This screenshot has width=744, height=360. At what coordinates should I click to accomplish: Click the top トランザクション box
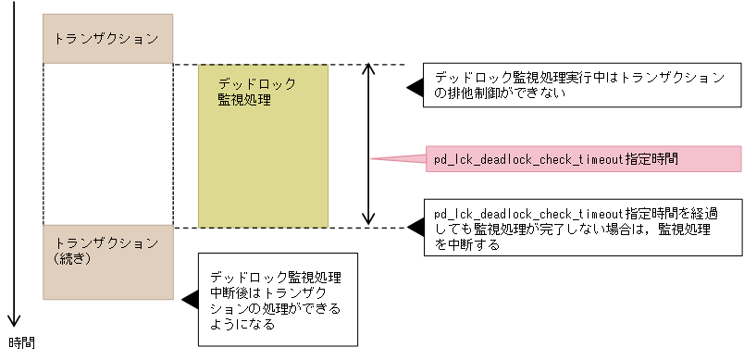click(x=107, y=38)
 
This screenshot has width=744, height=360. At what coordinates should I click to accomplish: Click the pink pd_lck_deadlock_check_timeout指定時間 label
click(x=583, y=159)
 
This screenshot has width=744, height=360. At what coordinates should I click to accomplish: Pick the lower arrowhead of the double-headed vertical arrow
click(x=369, y=219)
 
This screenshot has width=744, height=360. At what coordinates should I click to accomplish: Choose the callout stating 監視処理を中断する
click(x=582, y=229)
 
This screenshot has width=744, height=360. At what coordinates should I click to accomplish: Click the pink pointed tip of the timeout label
click(x=376, y=159)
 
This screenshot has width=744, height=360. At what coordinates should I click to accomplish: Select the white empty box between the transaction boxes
click(x=107, y=143)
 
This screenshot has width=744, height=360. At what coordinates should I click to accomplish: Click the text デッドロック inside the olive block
click(x=256, y=83)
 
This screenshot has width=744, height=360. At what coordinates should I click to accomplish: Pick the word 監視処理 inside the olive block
click(x=243, y=99)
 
